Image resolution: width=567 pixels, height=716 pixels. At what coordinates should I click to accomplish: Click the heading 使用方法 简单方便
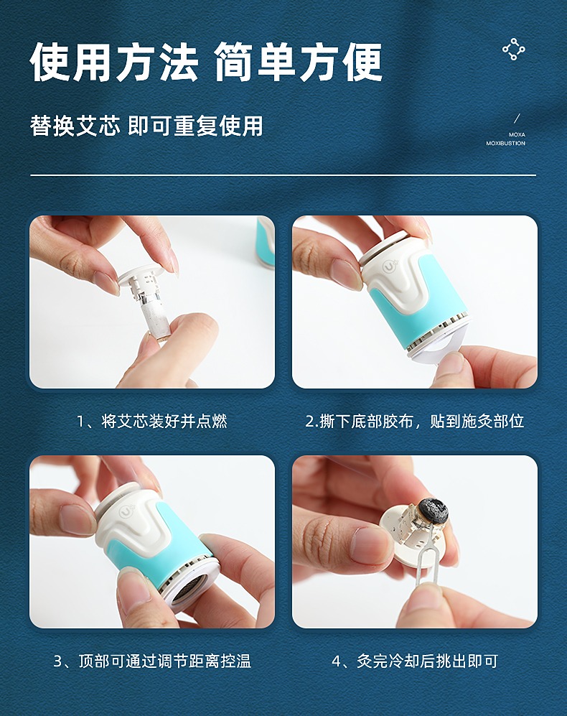pyautogui.click(x=206, y=62)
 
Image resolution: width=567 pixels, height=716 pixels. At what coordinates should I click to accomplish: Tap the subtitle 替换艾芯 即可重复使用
pyautogui.click(x=146, y=125)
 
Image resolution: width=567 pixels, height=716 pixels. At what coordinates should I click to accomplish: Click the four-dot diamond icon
pyautogui.click(x=514, y=50)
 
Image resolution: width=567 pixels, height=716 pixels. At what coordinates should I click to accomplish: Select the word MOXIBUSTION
pyautogui.click(x=505, y=144)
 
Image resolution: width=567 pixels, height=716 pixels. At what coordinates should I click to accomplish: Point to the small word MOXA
pyautogui.click(x=517, y=135)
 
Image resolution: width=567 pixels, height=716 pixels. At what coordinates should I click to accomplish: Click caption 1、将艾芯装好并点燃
pyautogui.click(x=151, y=421)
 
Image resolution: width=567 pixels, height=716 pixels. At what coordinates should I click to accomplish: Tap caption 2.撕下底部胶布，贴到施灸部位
pyautogui.click(x=415, y=421)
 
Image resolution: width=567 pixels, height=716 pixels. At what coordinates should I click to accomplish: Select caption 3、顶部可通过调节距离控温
pyautogui.click(x=152, y=661)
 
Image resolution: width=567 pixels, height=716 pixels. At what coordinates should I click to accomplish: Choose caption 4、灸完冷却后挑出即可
pyautogui.click(x=415, y=661)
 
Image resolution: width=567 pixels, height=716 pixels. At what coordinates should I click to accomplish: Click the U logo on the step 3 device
pyautogui.click(x=126, y=511)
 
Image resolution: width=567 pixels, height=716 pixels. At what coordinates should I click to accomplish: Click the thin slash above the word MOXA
pyautogui.click(x=517, y=118)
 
